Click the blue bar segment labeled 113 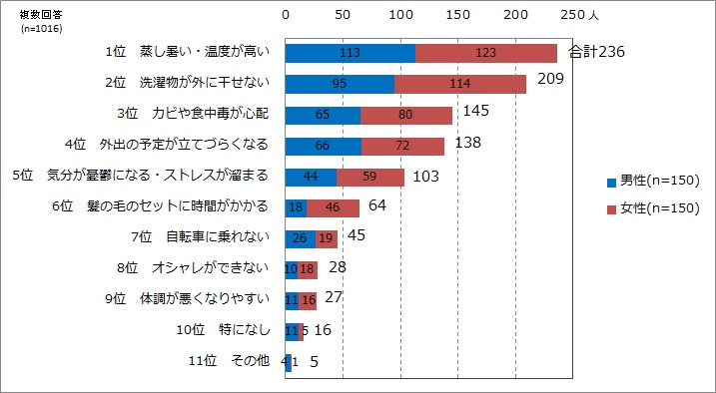tap(350, 53)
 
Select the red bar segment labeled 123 tap(485, 53)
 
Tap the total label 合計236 tap(596, 51)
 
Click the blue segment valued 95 tap(340, 84)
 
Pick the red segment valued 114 tap(459, 84)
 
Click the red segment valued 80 tap(405, 115)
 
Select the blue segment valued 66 tap(324, 146)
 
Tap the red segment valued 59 tap(370, 177)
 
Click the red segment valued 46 tap(333, 207)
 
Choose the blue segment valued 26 tap(301, 238)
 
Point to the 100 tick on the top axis tap(400, 16)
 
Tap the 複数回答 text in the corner tap(41, 15)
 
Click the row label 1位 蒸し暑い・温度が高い tap(187, 52)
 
